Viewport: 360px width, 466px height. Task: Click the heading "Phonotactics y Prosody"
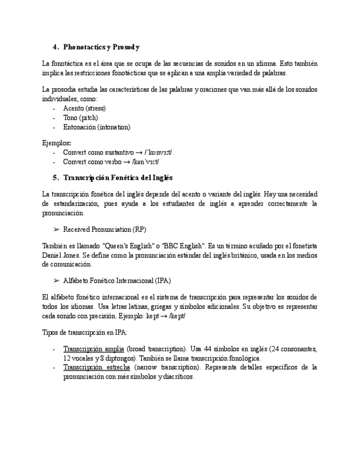101,47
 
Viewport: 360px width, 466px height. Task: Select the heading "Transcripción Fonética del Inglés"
118,177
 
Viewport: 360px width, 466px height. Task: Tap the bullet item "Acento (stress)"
84,108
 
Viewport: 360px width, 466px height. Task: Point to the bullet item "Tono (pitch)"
80,118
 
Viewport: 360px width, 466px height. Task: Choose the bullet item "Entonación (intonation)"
96,127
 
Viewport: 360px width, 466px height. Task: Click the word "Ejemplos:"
56,143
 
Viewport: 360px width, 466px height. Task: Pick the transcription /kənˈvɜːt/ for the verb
145,162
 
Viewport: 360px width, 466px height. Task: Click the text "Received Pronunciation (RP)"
104,229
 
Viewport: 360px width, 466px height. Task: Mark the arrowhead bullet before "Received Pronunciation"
56,229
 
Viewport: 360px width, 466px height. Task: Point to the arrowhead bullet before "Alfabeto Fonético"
56,281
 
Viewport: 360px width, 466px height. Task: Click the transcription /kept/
178,316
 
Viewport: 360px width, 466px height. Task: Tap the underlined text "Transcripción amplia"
93,348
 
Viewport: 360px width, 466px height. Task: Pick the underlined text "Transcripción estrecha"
96,367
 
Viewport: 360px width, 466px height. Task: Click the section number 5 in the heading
56,177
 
